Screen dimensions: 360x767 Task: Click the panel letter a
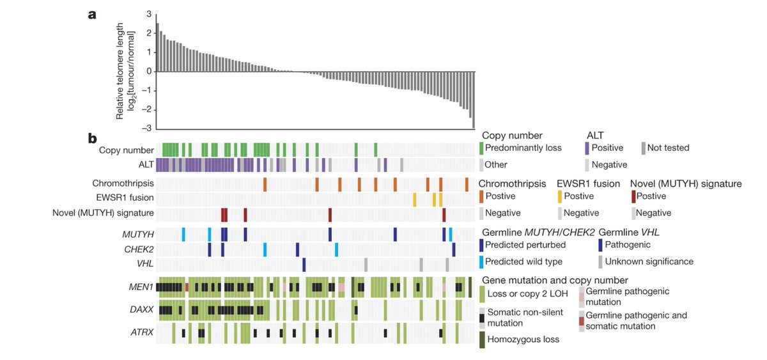(93, 15)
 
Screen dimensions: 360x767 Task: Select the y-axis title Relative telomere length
(120, 70)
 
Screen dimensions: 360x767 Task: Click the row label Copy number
(127, 151)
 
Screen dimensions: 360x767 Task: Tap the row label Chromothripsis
(126, 184)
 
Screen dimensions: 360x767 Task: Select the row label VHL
(145, 263)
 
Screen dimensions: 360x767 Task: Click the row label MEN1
(142, 286)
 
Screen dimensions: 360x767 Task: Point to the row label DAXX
(141, 310)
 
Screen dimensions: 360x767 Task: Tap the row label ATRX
(141, 333)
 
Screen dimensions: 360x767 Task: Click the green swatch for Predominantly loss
(481, 148)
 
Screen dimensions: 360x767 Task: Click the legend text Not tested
(669, 148)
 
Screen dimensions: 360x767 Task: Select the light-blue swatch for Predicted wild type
(481, 262)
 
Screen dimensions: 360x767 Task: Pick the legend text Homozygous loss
(523, 339)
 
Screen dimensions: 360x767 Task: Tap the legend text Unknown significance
(649, 262)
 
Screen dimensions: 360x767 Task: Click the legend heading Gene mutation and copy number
(555, 280)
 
